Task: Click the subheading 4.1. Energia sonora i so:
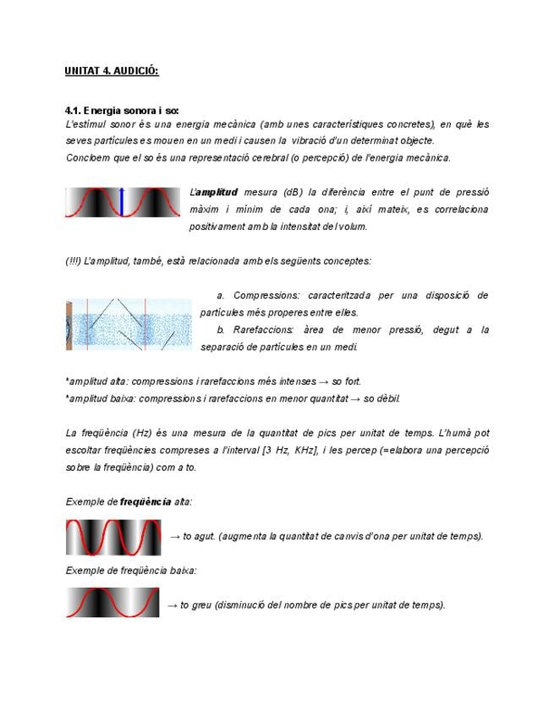122,111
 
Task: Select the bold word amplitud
217,192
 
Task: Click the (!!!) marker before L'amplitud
74,261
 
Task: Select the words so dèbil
381,398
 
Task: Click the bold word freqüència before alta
146,501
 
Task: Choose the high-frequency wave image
113,537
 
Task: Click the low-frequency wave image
112,603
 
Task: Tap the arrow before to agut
174,536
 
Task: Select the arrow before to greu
172,605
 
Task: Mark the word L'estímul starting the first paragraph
83,123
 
